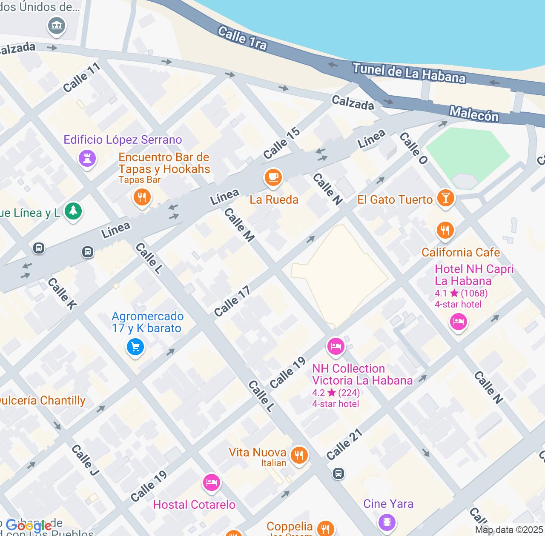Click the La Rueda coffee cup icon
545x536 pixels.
tap(273, 177)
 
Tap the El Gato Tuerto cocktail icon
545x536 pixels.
tap(445, 198)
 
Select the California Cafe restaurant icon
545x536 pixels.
tap(445, 231)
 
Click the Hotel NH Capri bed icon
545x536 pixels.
tap(458, 322)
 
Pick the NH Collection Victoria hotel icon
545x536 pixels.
tap(336, 346)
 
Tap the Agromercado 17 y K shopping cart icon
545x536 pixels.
tap(135, 347)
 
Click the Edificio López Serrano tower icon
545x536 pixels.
tap(87, 159)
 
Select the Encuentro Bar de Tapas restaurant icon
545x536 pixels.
tap(142, 197)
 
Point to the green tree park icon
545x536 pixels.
tap(73, 211)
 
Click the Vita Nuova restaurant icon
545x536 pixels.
tap(299, 456)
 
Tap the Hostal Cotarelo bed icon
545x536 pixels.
tap(211, 482)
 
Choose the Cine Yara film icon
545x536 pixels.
tap(387, 521)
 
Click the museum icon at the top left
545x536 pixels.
tap(56, 26)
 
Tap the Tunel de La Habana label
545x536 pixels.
tap(409, 73)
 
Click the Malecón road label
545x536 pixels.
tap(474, 114)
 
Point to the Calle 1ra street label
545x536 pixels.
tap(242, 38)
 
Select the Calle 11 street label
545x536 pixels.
tap(81, 77)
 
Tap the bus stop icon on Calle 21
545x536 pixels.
tap(338, 473)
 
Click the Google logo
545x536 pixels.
tap(29, 526)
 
